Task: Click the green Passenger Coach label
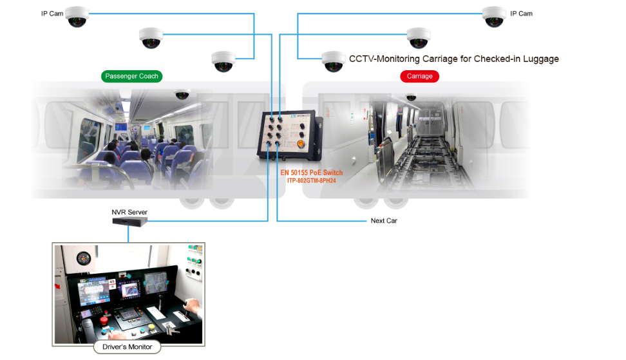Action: coord(132,76)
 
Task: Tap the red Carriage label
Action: coord(420,76)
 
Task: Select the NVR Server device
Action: coord(129,222)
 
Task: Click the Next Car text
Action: coord(384,221)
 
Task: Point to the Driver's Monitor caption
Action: coord(128,347)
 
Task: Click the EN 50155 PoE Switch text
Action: coord(312,173)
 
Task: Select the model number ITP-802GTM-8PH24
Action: coord(312,181)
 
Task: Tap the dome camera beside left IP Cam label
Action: coord(77,17)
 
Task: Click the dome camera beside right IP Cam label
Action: coord(494,17)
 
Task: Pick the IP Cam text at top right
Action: coord(521,14)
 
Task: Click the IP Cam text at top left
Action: coord(52,14)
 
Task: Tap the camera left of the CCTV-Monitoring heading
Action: coord(334,61)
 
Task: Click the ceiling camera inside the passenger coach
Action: coord(182,94)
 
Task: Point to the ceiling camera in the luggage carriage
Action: coord(411,97)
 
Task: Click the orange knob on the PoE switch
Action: coord(301,144)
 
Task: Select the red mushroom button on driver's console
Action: coord(104,320)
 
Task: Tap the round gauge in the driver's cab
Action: coord(84,259)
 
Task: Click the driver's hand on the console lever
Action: coord(193,307)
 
